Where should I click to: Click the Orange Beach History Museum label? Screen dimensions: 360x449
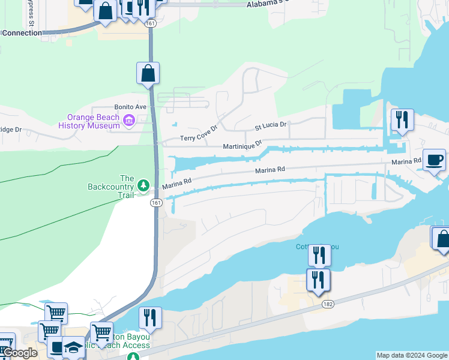(94, 122)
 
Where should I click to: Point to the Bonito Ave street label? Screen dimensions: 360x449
(131, 107)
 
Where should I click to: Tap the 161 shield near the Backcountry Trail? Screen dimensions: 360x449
(156, 203)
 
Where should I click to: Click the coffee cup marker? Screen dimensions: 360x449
(434, 160)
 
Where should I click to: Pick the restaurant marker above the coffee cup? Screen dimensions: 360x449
(402, 119)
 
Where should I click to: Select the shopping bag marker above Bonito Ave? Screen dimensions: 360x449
(148, 74)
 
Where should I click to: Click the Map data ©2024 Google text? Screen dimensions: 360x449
(412, 355)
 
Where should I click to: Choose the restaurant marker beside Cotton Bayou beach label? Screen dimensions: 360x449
(150, 318)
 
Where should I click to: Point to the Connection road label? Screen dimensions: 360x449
(22, 33)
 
